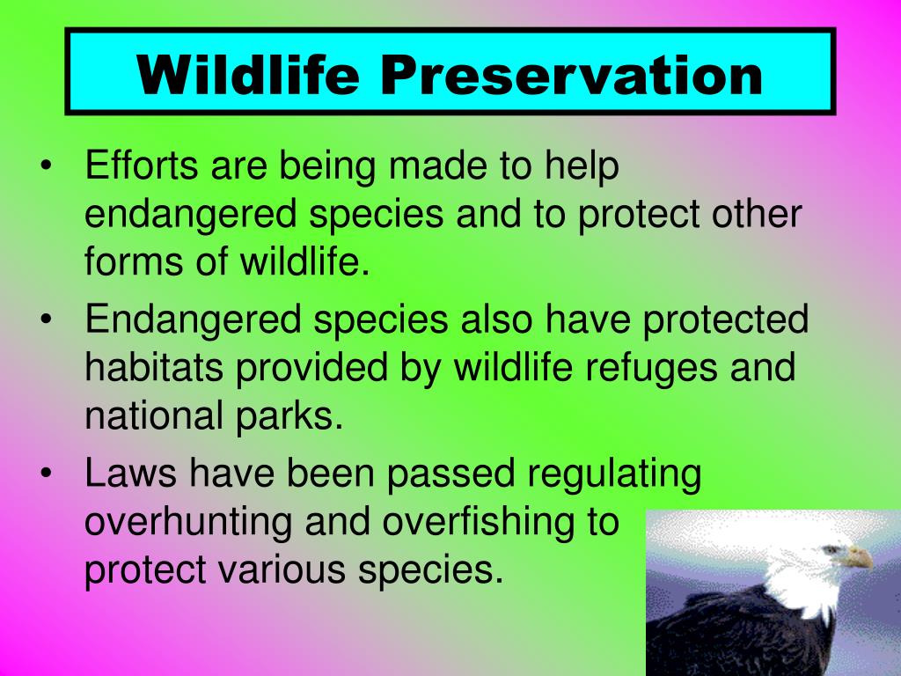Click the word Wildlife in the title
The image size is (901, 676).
[x=248, y=75]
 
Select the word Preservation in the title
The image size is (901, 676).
[x=571, y=75]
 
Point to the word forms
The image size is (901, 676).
[x=134, y=261]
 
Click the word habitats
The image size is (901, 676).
[x=154, y=367]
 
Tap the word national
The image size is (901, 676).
[x=154, y=415]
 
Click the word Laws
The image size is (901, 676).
[x=130, y=473]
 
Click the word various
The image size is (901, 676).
[x=282, y=569]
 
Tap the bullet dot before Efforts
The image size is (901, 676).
[x=46, y=165]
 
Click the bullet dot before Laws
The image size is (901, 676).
[x=46, y=473]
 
